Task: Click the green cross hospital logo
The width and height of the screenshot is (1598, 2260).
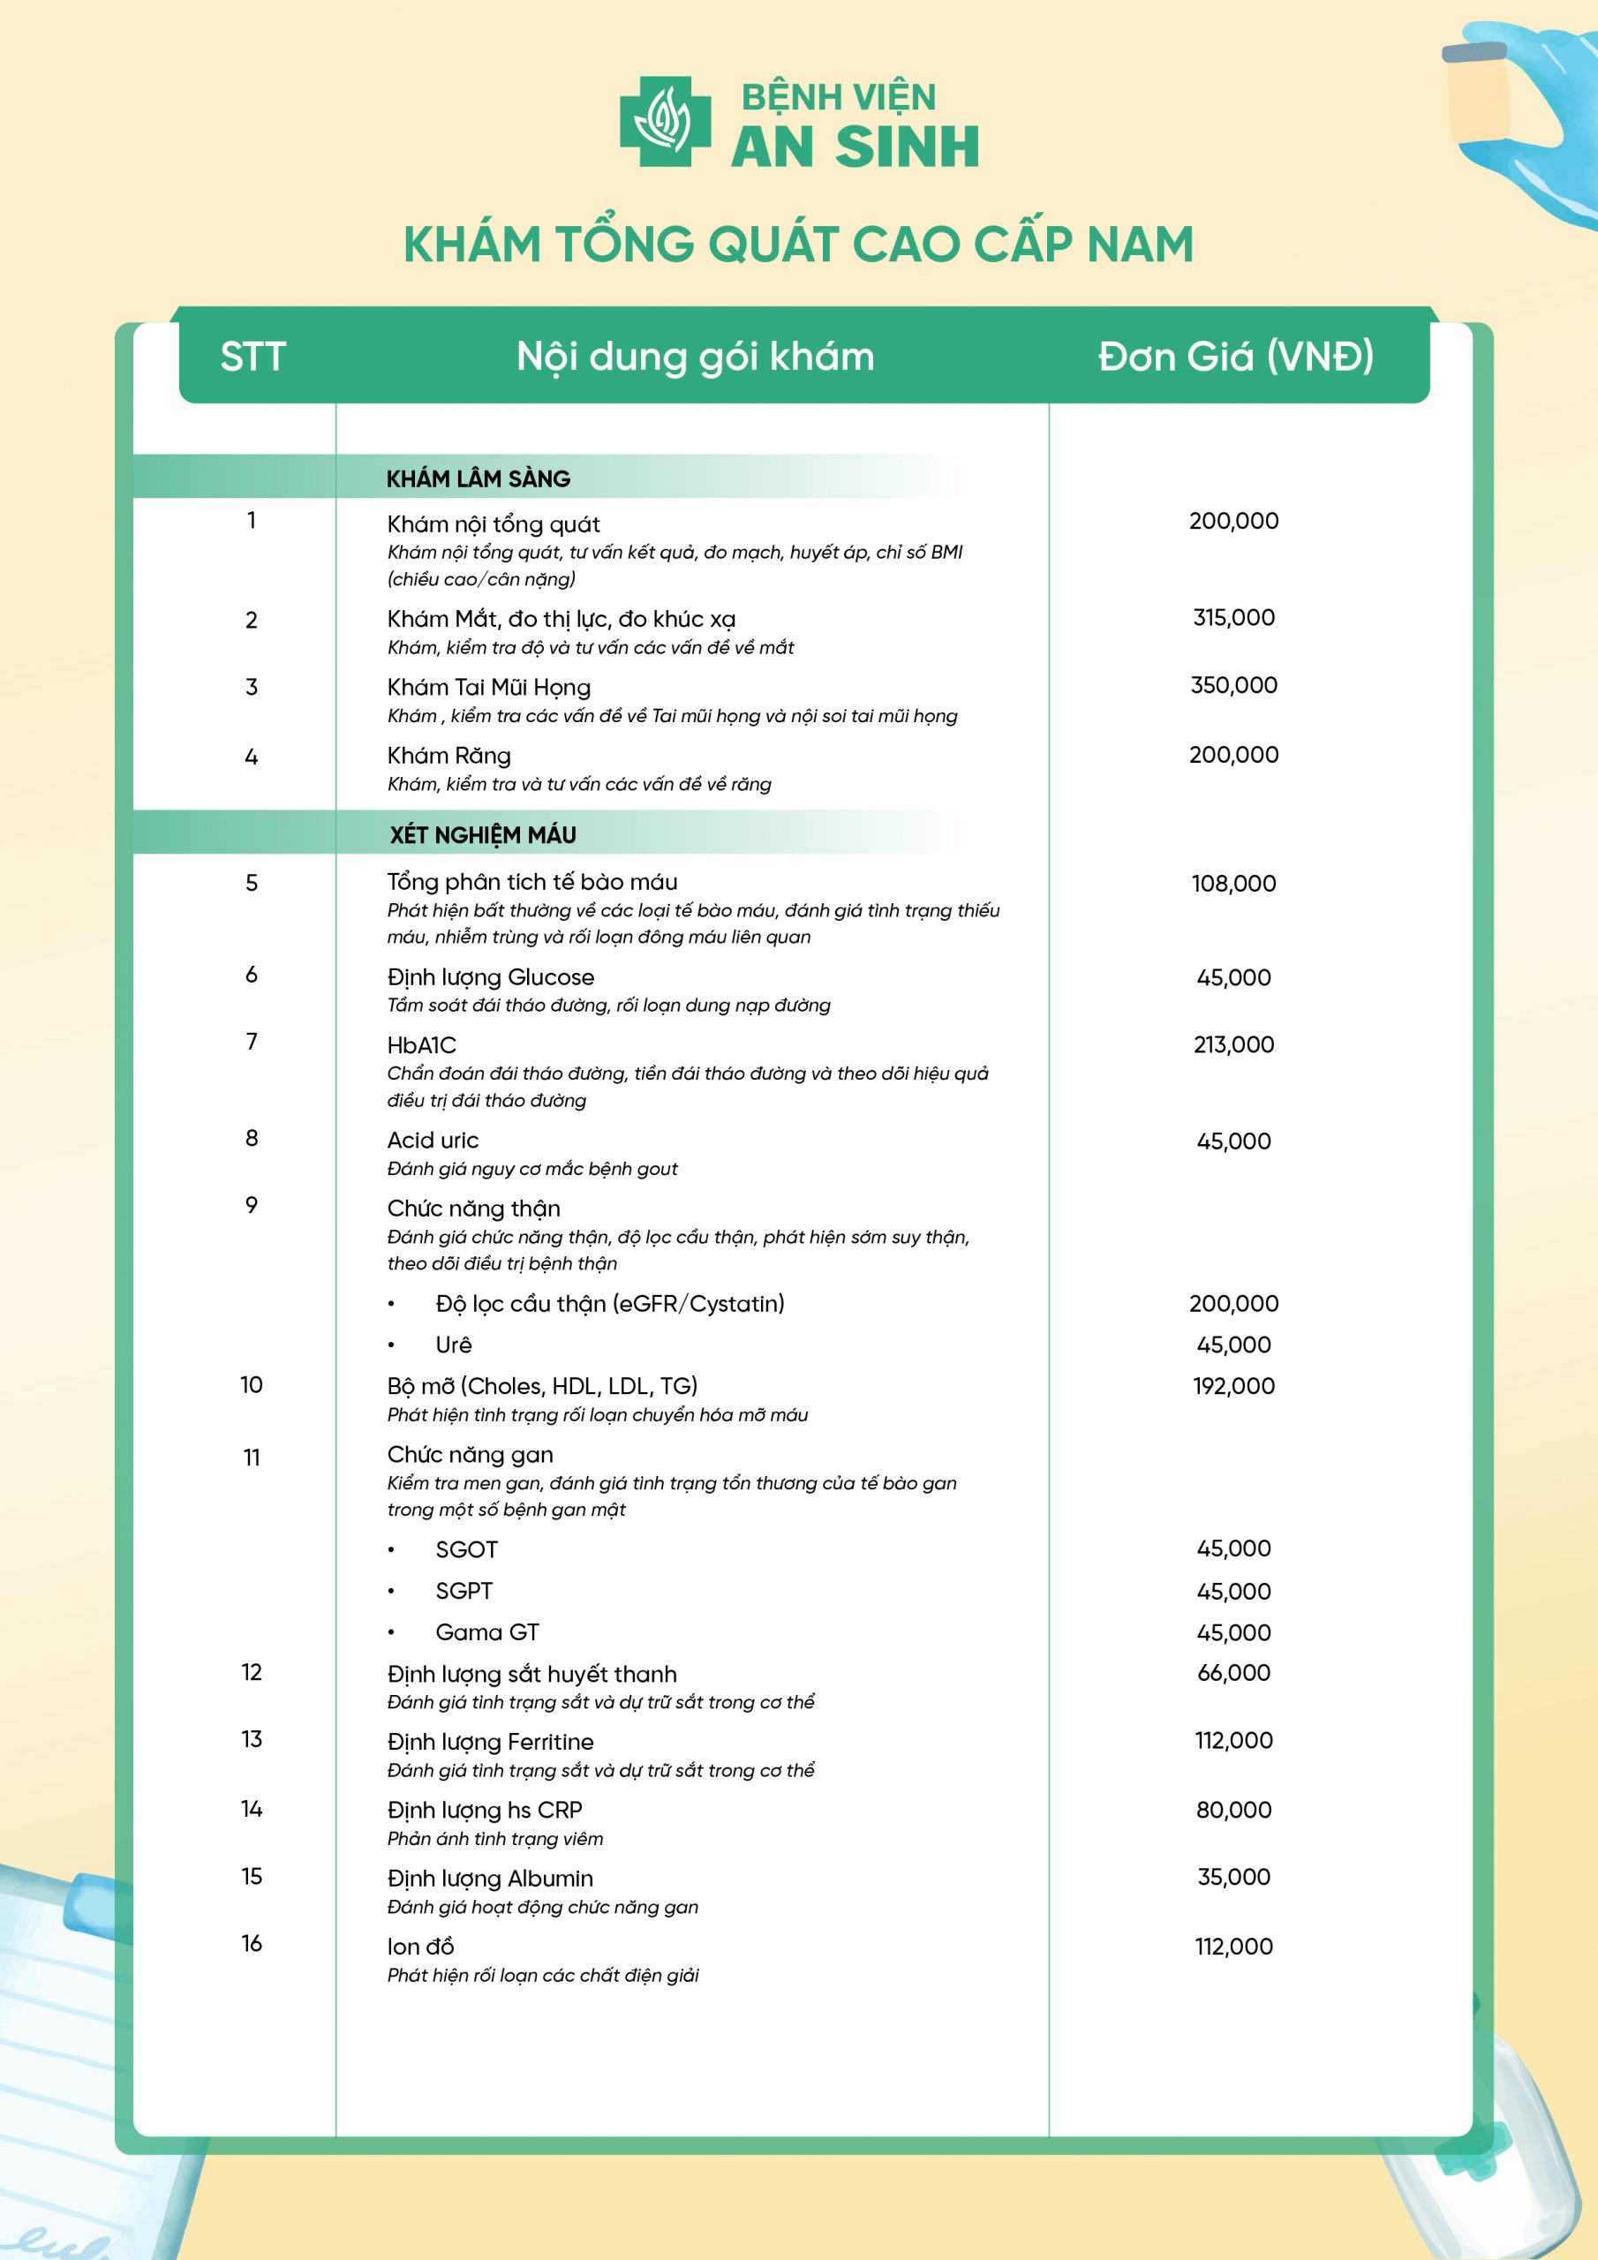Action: click(665, 121)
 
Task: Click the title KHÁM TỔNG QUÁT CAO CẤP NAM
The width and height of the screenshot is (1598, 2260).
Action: click(798, 245)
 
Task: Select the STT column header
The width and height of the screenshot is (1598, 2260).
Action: click(253, 357)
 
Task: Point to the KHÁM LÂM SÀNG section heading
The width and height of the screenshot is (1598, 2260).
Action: click(478, 478)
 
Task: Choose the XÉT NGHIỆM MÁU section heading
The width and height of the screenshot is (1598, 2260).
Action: click(482, 835)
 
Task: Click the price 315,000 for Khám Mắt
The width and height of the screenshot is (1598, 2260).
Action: click(1232, 617)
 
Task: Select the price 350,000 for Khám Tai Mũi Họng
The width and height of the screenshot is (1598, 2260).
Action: click(1232, 685)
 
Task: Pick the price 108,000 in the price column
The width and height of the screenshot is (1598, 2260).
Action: click(1232, 883)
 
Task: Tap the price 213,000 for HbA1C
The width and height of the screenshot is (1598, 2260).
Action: click(1232, 1044)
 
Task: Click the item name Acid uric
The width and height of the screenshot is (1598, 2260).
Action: click(433, 1140)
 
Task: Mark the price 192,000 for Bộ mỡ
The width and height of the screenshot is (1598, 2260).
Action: click(1232, 1386)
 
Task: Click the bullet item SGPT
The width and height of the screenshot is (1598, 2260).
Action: click(464, 1591)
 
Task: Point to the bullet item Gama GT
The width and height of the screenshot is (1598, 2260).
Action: click(486, 1632)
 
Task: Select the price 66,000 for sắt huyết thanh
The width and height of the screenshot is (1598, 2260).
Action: click(1232, 1672)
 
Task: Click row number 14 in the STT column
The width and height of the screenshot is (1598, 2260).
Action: click(251, 1808)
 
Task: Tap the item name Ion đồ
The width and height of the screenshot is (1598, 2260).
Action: click(420, 1946)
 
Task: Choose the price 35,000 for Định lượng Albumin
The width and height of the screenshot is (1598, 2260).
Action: click(1232, 1876)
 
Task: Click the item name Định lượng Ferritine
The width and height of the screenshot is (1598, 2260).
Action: click(489, 1741)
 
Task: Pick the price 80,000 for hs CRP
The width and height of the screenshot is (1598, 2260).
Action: click(1232, 1809)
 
